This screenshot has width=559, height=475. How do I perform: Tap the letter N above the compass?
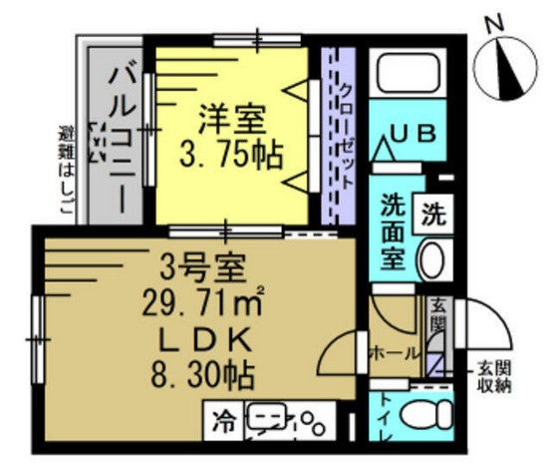pos(494,22)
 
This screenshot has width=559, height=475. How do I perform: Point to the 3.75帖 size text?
pos(230,155)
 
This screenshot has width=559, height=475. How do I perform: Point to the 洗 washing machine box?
pos(434,212)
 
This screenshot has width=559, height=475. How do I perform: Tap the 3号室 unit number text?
pos(201,268)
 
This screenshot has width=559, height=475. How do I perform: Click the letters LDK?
pos(199,338)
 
